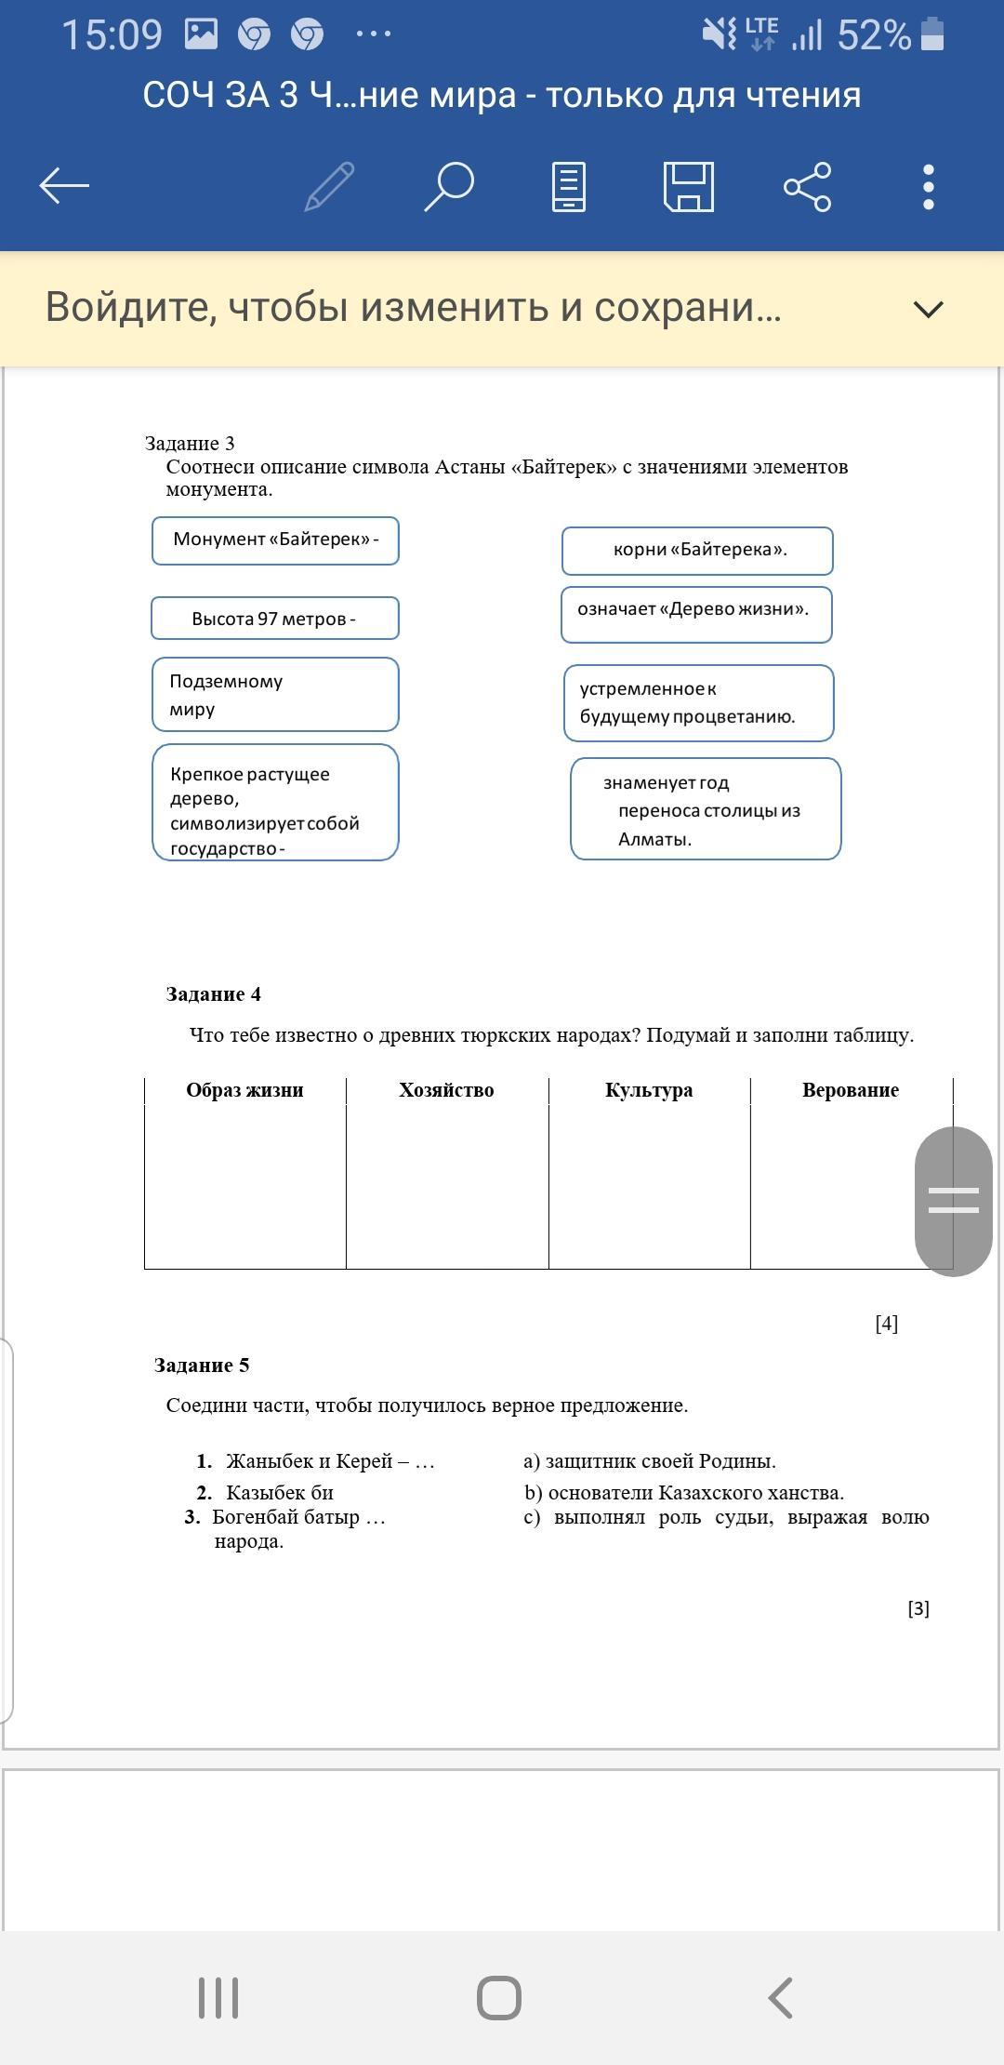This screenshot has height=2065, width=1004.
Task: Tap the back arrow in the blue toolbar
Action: pyautogui.click(x=64, y=186)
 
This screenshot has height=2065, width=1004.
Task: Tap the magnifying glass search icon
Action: pyautogui.click(x=449, y=186)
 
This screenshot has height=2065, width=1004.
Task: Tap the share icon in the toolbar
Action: pyautogui.click(x=807, y=186)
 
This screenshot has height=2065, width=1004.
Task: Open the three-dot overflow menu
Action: pyautogui.click(x=928, y=186)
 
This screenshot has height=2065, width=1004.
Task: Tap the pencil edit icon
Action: pyautogui.click(x=330, y=186)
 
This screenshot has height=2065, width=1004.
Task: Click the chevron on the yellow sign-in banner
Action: pyautogui.click(x=929, y=309)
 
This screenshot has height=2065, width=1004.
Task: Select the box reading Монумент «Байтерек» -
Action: pyautogui.click(x=275, y=540)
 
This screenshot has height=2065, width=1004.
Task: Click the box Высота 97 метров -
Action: pyautogui.click(x=274, y=619)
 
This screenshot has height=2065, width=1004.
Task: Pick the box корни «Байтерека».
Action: pyautogui.click(x=697, y=550)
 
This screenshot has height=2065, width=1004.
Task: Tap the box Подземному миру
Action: pyautogui.click(x=275, y=695)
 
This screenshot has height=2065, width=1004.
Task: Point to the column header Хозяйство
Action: pyautogui.click(x=446, y=1090)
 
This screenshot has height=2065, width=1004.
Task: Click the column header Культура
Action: pyautogui.click(x=649, y=1090)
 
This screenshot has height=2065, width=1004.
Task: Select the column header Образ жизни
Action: pyautogui.click(x=244, y=1090)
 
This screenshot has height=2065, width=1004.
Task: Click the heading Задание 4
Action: pyautogui.click(x=214, y=994)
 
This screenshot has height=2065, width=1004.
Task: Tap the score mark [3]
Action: pyautogui.click(x=918, y=1608)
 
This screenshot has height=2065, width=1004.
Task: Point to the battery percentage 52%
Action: pyautogui.click(x=873, y=35)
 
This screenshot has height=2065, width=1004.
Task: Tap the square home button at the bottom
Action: pyautogui.click(x=499, y=1997)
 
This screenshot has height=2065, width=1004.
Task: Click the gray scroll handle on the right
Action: pyautogui.click(x=953, y=1201)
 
